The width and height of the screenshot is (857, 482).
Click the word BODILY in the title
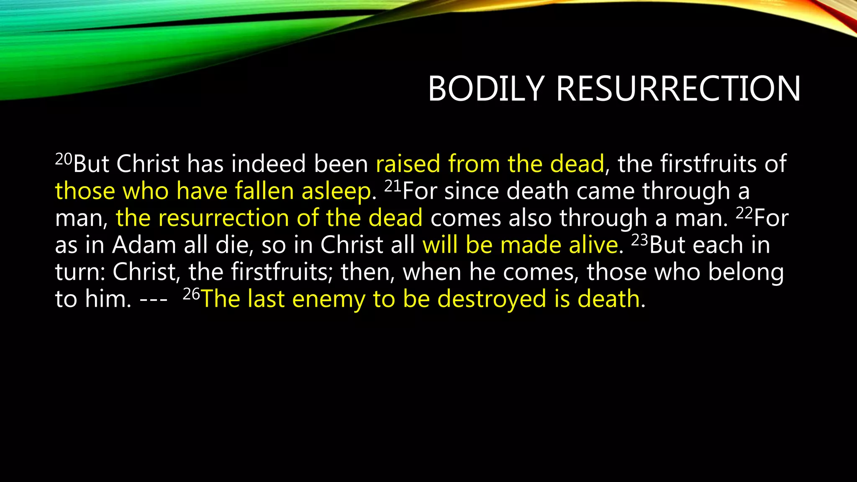point(485,89)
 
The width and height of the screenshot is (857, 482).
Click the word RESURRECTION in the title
point(678,89)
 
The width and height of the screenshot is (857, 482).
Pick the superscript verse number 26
point(192,295)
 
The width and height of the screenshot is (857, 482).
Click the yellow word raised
point(408,164)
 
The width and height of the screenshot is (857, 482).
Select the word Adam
point(144,245)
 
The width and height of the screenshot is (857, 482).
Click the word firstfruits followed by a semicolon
point(280,272)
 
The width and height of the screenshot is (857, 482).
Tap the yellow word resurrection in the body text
point(223,218)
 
